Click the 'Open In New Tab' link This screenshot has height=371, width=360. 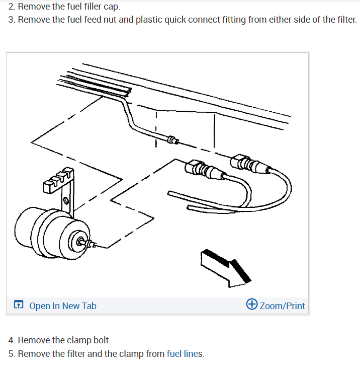62,306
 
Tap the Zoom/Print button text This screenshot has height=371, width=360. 282,306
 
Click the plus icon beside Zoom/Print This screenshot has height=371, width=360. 252,305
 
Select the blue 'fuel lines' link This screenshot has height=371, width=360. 185,354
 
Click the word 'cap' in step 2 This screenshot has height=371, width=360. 111,7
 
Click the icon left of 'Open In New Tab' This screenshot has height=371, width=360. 19,305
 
